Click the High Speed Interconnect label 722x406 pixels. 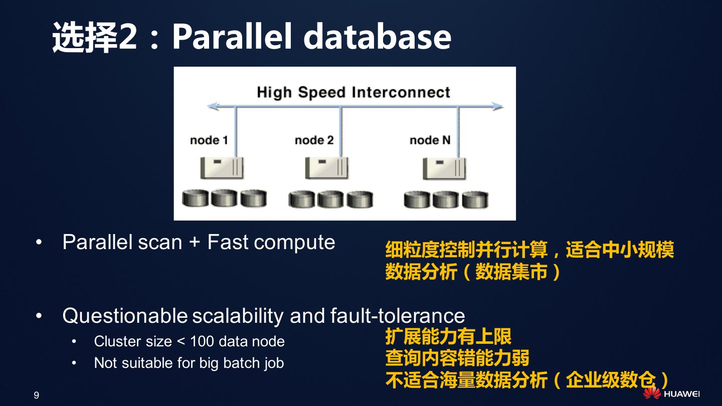coord(353,92)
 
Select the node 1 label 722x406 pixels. coord(209,140)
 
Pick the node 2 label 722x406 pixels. coord(314,140)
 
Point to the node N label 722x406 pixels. coord(430,140)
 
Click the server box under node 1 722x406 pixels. coord(222,167)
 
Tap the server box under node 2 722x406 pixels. coord(327,167)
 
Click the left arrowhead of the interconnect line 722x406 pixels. coord(213,106)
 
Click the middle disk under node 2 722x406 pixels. coord(331,199)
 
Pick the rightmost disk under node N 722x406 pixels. coord(475,199)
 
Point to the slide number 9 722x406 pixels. coord(36,395)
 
